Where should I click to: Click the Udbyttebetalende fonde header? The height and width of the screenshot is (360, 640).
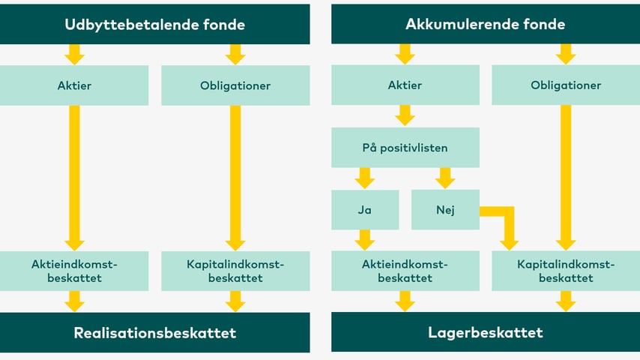click(155, 24)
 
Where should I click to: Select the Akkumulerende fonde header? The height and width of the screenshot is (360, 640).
click(486, 24)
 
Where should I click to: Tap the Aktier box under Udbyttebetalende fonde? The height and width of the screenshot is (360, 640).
click(74, 85)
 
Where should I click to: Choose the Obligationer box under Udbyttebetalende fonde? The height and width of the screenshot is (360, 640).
click(235, 85)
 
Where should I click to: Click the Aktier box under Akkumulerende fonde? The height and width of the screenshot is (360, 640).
click(405, 85)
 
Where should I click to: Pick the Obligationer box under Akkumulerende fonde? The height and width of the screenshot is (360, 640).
click(566, 85)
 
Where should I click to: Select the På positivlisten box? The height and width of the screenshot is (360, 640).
click(405, 147)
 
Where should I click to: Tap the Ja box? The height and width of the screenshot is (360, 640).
click(365, 209)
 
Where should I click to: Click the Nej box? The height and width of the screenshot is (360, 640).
click(445, 209)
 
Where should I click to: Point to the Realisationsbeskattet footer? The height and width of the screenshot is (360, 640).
click(155, 332)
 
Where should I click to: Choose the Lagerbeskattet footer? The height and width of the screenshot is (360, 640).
click(486, 332)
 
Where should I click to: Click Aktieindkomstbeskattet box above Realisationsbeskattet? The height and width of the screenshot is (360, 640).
click(74, 271)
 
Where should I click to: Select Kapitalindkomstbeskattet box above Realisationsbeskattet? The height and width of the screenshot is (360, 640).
click(235, 271)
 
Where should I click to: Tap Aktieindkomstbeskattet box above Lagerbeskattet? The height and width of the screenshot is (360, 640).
click(405, 271)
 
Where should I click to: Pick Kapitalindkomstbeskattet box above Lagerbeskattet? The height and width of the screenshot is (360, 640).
click(566, 271)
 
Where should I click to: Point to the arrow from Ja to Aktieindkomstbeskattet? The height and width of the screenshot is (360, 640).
click(365, 239)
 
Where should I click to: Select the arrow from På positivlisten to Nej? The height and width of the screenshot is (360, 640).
click(445, 178)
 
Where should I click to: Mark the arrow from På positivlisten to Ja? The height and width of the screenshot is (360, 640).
click(365, 178)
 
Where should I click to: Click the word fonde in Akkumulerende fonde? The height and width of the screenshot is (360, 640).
click(545, 24)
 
